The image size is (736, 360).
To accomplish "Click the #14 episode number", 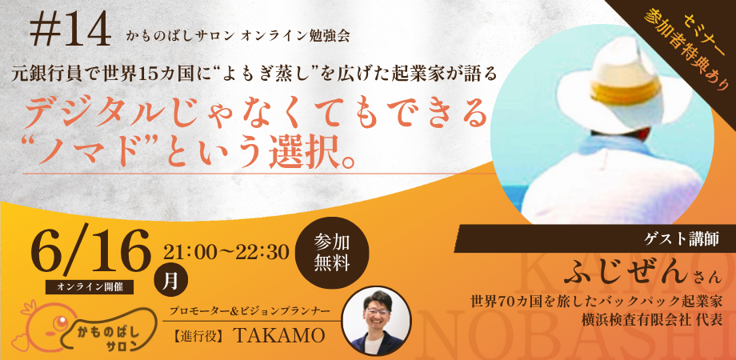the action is pos(70,31).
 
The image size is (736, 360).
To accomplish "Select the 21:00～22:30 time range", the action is pos(226,253).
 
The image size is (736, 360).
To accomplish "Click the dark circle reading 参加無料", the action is pos(332,252).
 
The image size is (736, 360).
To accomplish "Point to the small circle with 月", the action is pos(171,282).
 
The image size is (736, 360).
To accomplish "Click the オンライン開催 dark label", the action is pos(90,286).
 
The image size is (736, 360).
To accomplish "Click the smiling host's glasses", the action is pos(378,311).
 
